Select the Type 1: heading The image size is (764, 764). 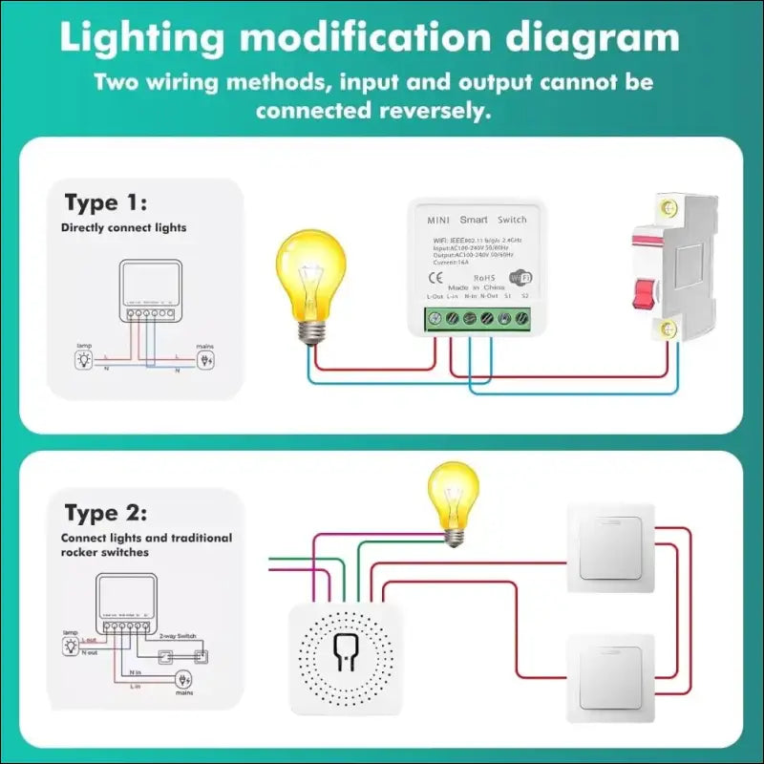(x=106, y=202)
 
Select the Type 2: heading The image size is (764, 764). (x=106, y=514)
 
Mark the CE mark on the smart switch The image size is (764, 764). (x=433, y=279)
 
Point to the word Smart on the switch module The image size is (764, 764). (x=473, y=220)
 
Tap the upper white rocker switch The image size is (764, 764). (x=611, y=545)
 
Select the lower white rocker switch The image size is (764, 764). (x=611, y=677)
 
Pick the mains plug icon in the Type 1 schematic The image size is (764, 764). (x=204, y=360)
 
